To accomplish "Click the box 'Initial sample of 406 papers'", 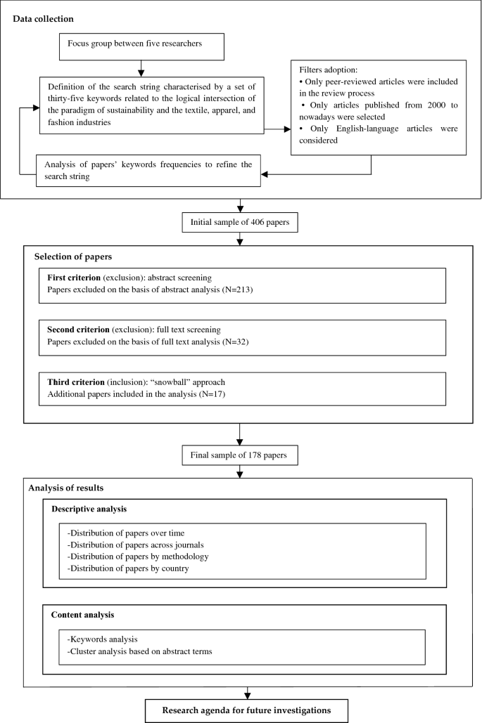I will pyautogui.click(x=241, y=223).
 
